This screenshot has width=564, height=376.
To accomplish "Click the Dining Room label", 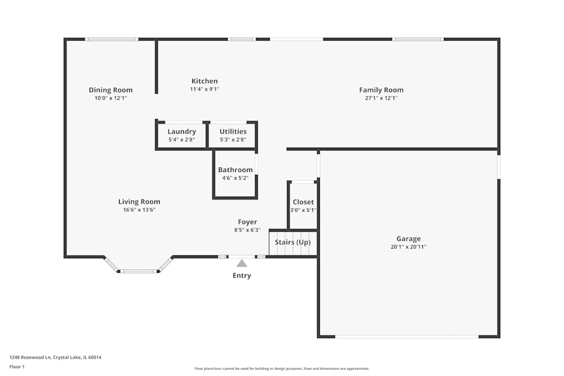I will [111, 90].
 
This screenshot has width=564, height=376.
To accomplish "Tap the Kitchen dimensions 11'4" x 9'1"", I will [204, 89].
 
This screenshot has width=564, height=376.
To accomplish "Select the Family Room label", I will [381, 90].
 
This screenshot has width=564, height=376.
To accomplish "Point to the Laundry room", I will [182, 135].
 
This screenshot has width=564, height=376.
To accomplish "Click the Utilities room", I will [233, 135].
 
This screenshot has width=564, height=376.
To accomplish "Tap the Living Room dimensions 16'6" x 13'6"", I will [139, 210].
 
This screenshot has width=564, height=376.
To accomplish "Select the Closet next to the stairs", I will [303, 206].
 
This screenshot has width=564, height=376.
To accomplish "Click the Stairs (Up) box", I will [293, 243].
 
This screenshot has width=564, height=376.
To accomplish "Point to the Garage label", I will [408, 239].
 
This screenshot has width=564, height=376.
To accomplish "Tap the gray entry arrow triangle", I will [242, 263].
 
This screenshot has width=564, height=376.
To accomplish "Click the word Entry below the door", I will [242, 276].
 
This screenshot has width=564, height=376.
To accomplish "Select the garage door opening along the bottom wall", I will [407, 337].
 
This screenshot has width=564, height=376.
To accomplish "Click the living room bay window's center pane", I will [139, 271].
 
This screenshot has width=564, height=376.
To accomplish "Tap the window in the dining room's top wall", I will [112, 39].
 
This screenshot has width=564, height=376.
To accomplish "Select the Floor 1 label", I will [17, 367].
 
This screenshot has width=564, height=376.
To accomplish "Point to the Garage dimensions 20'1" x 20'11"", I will [408, 247].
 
